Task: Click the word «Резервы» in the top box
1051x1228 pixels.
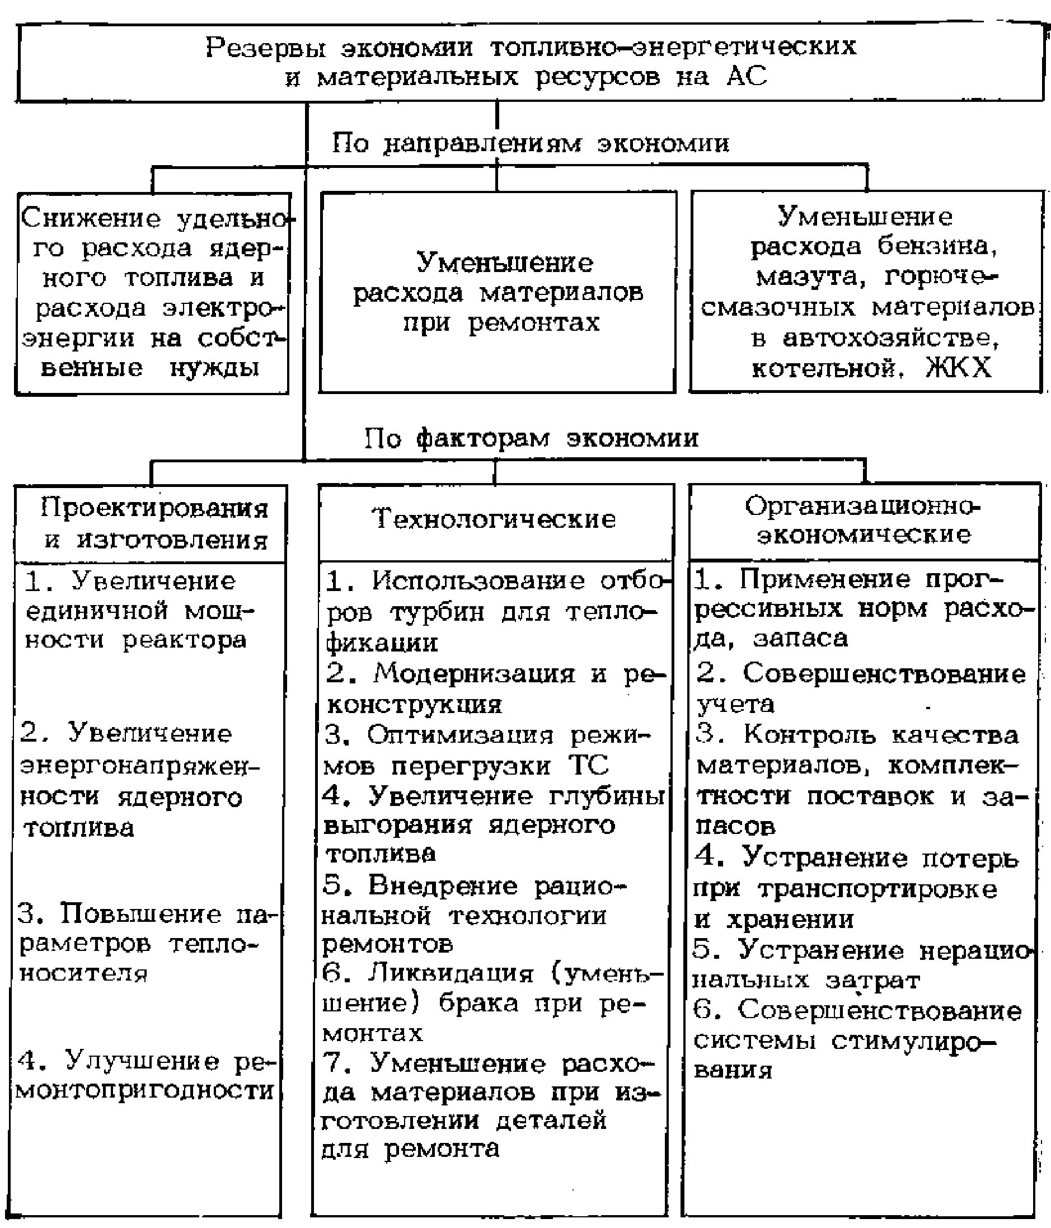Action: coord(265,48)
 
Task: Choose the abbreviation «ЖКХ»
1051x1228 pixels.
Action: coord(958,368)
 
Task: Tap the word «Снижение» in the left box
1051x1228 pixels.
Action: coord(91,219)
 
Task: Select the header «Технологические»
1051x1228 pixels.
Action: coord(494,519)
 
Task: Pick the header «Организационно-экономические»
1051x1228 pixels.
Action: coord(863,521)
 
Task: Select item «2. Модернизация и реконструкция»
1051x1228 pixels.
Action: coord(494,689)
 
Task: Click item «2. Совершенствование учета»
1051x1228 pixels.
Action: coord(860,689)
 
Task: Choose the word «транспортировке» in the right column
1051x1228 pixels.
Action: coord(877,889)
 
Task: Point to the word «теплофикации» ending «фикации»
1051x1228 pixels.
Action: coord(382,643)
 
